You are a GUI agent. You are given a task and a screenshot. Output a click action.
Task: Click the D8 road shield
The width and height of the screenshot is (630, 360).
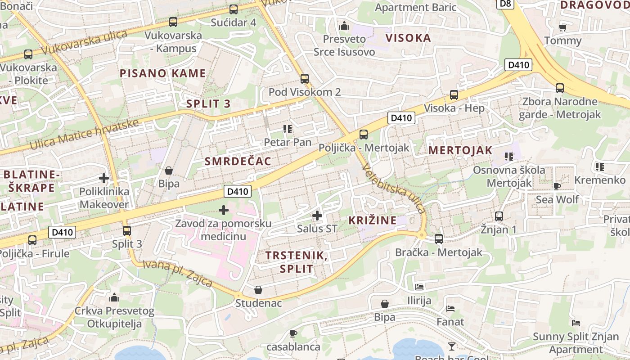506,4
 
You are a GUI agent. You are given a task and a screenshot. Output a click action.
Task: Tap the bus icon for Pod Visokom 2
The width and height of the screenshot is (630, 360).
305,79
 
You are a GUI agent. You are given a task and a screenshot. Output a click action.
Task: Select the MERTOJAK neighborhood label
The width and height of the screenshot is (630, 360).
460,150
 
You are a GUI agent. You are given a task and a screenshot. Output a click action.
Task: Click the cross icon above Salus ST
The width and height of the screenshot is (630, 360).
317,216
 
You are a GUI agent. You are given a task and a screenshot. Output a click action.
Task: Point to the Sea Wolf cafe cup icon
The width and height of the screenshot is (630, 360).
557,186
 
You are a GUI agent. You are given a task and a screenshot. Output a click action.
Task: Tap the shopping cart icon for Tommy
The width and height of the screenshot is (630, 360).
562,27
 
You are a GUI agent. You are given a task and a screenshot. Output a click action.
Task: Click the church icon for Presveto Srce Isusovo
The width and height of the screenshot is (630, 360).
344,26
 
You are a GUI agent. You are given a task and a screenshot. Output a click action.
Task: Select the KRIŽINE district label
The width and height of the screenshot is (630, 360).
373,220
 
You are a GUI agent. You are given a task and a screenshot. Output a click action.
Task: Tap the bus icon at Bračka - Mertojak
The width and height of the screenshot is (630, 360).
439,239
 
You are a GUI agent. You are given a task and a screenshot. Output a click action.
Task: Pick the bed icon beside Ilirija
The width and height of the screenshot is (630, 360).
419,287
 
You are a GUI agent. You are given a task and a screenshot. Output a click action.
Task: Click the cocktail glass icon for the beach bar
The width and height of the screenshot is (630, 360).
452,346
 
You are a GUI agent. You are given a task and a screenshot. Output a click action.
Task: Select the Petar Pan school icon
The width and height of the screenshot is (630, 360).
288,130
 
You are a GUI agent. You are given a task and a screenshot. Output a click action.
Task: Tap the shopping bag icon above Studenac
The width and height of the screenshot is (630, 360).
258,290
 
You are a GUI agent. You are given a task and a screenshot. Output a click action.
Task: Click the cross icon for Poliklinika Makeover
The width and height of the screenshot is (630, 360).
104,178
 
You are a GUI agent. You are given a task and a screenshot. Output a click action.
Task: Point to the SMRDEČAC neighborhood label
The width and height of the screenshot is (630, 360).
238,161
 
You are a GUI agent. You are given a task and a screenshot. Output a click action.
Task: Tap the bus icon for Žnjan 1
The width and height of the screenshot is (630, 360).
499,216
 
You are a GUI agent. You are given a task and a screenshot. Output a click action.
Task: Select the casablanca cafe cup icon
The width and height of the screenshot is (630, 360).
293,333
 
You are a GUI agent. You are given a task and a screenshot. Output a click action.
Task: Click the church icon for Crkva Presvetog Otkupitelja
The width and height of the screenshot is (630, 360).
114,297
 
